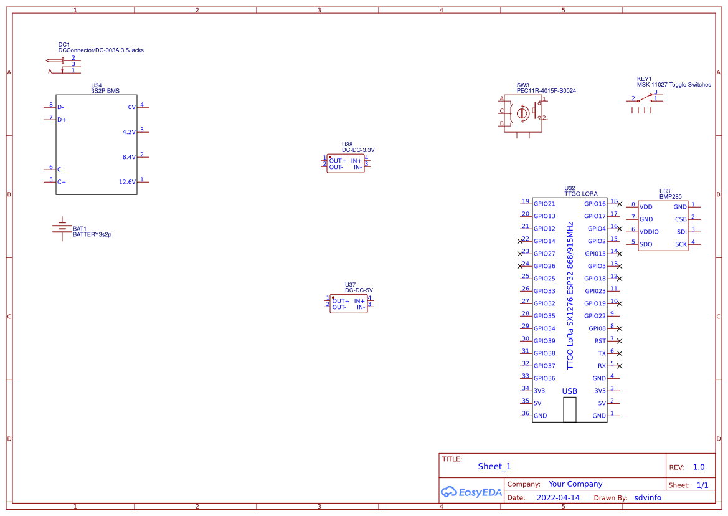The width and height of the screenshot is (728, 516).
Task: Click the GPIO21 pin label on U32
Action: pyautogui.click(x=544, y=204)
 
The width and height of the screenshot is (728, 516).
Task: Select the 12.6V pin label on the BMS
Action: pyautogui.click(x=127, y=182)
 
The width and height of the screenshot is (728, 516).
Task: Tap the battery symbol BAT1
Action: pyautogui.click(x=62, y=229)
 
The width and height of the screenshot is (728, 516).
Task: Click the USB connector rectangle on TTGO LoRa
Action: pyautogui.click(x=570, y=409)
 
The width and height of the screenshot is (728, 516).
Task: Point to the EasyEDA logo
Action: pyautogui.click(x=471, y=492)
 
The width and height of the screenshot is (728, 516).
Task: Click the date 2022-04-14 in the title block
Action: pyautogui.click(x=558, y=498)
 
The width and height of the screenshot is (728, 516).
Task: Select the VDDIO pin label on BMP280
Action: pyautogui.click(x=649, y=232)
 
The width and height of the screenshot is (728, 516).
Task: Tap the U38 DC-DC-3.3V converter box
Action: pyautogui.click(x=346, y=163)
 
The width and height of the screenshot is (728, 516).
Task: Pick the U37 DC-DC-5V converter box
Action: pyautogui.click(x=349, y=303)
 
